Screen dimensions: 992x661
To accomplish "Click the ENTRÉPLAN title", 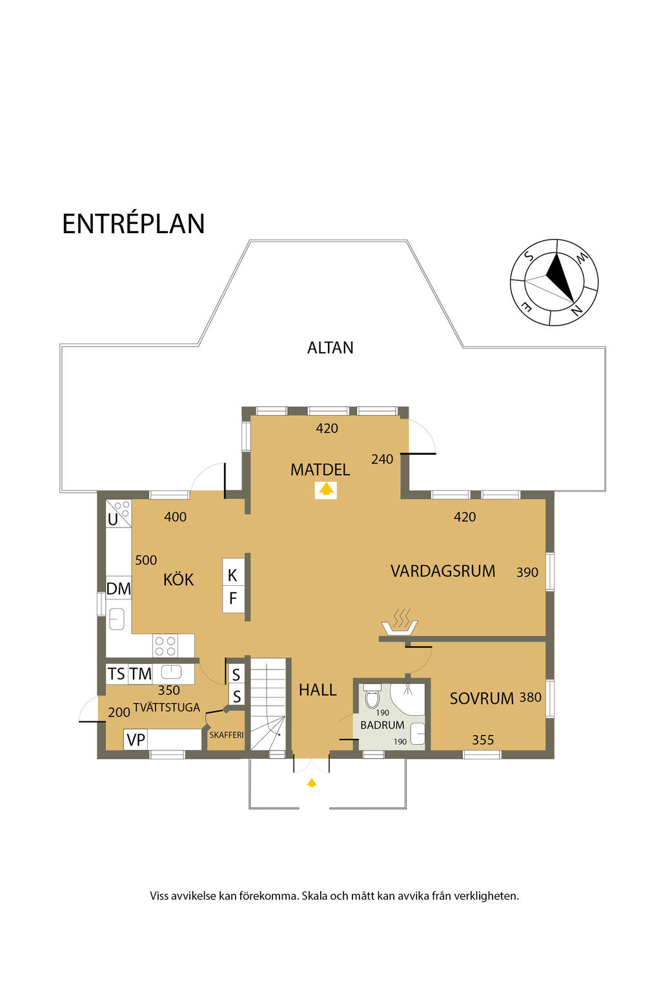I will [x=133, y=224].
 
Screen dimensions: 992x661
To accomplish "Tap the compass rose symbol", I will [x=554, y=282].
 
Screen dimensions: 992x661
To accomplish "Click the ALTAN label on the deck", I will [x=330, y=348].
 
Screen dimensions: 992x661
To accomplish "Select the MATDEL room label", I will [x=320, y=470].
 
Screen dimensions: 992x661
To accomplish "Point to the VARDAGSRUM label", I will [x=442, y=572].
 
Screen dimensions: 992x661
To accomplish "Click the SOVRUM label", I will [x=482, y=699].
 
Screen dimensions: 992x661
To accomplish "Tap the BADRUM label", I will [x=382, y=725].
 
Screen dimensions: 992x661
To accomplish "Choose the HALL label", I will [x=318, y=690].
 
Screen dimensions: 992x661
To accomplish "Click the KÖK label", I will [x=178, y=580].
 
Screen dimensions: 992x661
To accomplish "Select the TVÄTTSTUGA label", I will [x=167, y=708].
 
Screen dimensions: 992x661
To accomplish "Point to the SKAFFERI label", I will [x=226, y=735].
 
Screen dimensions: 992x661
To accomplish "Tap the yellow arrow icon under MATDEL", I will [x=326, y=490].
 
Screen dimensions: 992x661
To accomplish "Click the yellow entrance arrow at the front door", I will [x=312, y=783].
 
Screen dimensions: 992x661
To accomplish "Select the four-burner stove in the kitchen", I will [x=165, y=646].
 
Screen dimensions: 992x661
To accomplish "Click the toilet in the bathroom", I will [x=372, y=698].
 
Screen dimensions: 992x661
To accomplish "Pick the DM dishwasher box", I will [x=118, y=589].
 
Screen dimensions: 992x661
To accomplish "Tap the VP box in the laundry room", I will [x=136, y=740].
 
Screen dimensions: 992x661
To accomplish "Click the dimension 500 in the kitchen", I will [x=146, y=561].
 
